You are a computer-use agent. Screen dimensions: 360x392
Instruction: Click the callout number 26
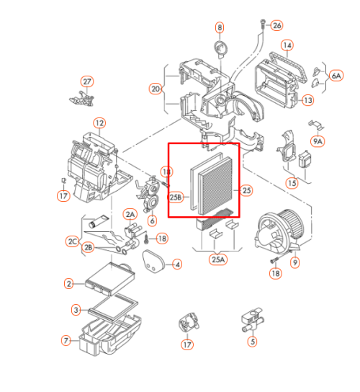(276, 25)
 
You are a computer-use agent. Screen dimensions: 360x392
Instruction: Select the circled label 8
(220, 27)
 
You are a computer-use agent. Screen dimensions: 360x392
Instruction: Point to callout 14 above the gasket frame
(287, 45)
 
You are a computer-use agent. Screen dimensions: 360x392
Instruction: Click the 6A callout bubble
(336, 76)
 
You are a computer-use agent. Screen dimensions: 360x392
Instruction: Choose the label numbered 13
(307, 100)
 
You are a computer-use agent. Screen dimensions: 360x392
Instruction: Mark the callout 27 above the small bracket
(87, 81)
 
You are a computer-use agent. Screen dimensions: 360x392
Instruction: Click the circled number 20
(156, 89)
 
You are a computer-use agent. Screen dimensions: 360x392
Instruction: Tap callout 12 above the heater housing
(99, 123)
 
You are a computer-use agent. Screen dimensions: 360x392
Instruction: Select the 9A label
(318, 141)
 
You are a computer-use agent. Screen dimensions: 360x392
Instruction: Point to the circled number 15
(292, 183)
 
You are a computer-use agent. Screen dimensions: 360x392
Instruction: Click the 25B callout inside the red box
(176, 197)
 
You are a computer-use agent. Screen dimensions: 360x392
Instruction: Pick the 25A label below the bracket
(218, 259)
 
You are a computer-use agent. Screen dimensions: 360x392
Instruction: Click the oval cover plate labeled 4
(153, 262)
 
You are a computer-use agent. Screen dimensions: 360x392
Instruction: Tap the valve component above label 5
(252, 320)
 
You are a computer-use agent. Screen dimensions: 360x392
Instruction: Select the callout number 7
(66, 341)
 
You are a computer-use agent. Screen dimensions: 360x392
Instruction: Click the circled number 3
(76, 311)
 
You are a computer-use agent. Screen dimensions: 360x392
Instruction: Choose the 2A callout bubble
(130, 214)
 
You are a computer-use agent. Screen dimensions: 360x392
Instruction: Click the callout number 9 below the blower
(295, 262)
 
